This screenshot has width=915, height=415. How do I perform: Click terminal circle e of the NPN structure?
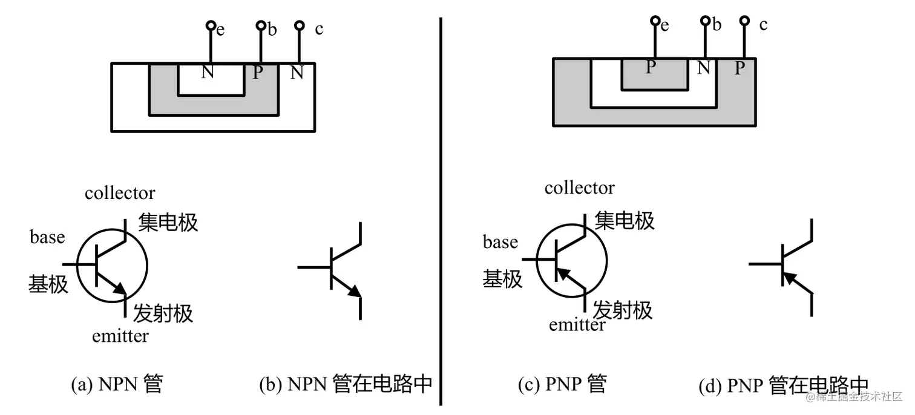(x=211, y=25)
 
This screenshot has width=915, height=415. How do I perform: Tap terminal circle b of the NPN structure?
(x=261, y=25)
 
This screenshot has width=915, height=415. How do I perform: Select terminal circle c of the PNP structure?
(x=745, y=21)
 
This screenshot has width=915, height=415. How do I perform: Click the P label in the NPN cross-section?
(x=258, y=73)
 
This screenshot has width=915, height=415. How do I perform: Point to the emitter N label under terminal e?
(x=208, y=73)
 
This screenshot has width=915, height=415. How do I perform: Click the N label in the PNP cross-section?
(x=703, y=67)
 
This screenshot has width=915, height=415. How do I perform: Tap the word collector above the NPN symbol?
(x=120, y=193)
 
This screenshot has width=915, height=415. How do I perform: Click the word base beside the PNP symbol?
(x=500, y=243)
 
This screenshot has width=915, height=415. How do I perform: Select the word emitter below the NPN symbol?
(x=120, y=336)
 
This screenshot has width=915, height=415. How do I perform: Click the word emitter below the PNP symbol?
(x=577, y=325)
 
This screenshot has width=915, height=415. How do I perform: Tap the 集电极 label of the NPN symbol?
(x=168, y=222)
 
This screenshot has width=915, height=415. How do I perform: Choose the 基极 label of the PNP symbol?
(x=502, y=279)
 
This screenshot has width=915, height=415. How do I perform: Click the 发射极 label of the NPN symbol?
(x=163, y=313)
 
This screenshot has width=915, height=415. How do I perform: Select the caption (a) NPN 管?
(x=117, y=385)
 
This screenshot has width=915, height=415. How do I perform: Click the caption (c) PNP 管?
(x=562, y=385)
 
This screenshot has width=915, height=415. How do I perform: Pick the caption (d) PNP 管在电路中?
(x=783, y=385)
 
